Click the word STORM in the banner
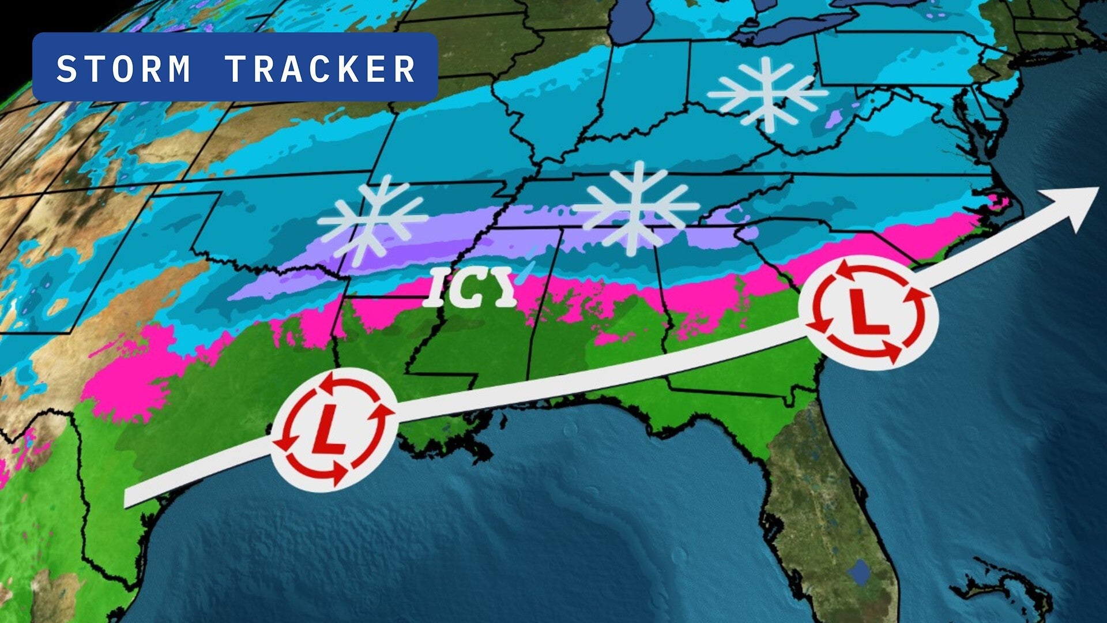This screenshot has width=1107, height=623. (123, 69)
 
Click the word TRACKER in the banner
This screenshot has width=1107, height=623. (321, 69)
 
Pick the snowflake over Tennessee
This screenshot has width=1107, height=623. (637, 207)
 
